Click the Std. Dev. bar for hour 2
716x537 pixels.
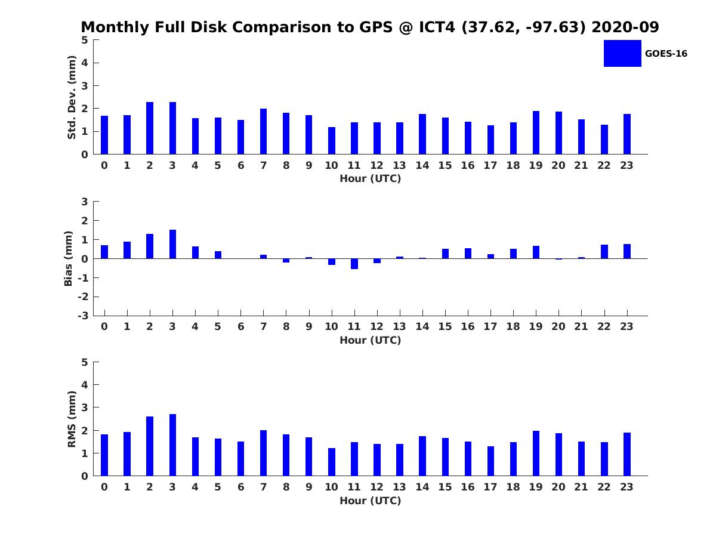click(150, 128)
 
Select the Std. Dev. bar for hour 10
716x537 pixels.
click(331, 141)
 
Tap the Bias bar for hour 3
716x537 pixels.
click(172, 244)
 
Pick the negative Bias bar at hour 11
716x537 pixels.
click(354, 264)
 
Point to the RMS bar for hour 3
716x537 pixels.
click(172, 445)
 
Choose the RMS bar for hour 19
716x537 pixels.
click(536, 453)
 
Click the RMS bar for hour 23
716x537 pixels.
click(627, 454)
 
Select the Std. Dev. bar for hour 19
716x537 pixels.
click(536, 132)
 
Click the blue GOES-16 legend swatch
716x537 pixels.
click(622, 53)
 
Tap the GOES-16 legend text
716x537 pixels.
click(666, 54)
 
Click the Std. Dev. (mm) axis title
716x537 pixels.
click(72, 97)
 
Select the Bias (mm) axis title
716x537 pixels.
click(69, 258)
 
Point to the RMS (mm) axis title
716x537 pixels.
click(72, 419)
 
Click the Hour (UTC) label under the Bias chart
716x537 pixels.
click(370, 340)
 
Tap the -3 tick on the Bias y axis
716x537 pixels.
click(85, 316)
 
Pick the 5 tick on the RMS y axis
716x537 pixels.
click(85, 362)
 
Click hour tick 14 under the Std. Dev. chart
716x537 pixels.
click(422, 165)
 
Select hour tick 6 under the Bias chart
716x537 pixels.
click(240, 326)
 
